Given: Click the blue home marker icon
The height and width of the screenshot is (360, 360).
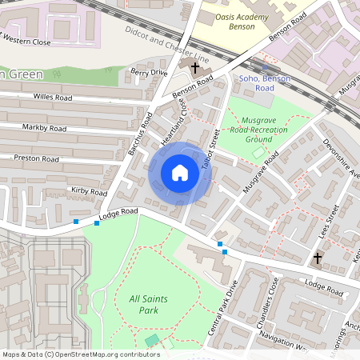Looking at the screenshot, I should (x=180, y=173).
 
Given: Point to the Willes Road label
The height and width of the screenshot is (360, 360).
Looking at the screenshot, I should (x=53, y=97).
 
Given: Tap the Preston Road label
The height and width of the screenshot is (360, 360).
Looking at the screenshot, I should (x=37, y=158).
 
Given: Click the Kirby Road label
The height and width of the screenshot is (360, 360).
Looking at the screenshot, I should (x=89, y=191).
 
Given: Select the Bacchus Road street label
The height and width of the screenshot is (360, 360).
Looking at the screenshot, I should (x=140, y=132).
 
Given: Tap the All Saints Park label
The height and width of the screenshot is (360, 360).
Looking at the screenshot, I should (x=149, y=305).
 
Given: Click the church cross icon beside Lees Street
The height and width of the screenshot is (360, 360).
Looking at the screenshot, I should (x=318, y=258).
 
